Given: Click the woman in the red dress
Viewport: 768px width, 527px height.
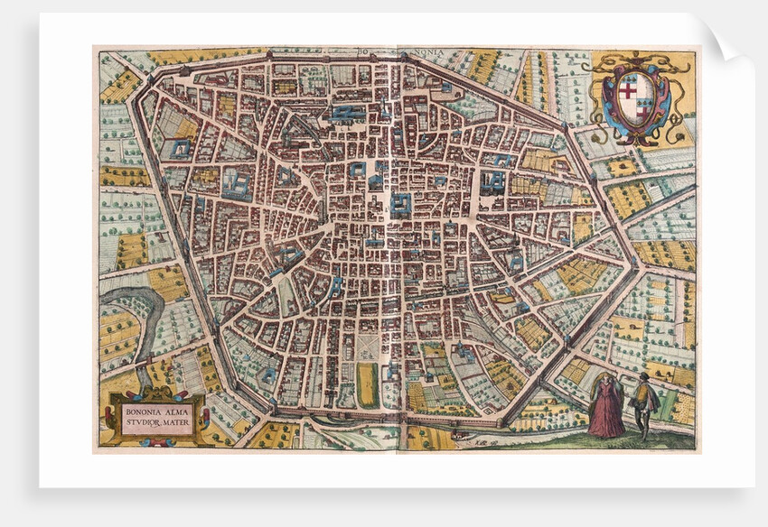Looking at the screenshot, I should pos(605,408).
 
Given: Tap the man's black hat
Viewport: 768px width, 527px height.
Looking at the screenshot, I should pos(643,375).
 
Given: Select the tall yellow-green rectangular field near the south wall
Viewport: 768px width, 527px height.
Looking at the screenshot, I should pos(367,384).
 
